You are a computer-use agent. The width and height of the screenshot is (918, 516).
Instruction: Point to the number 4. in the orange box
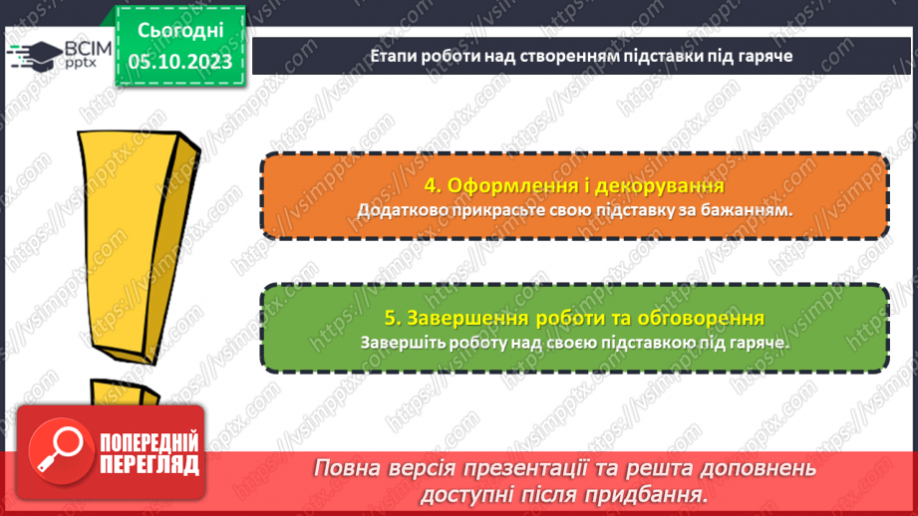coord(432,186)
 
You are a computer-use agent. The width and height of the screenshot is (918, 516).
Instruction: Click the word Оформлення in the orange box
coord(507,186)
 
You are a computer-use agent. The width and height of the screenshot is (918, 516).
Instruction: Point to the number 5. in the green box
coord(393,318)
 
